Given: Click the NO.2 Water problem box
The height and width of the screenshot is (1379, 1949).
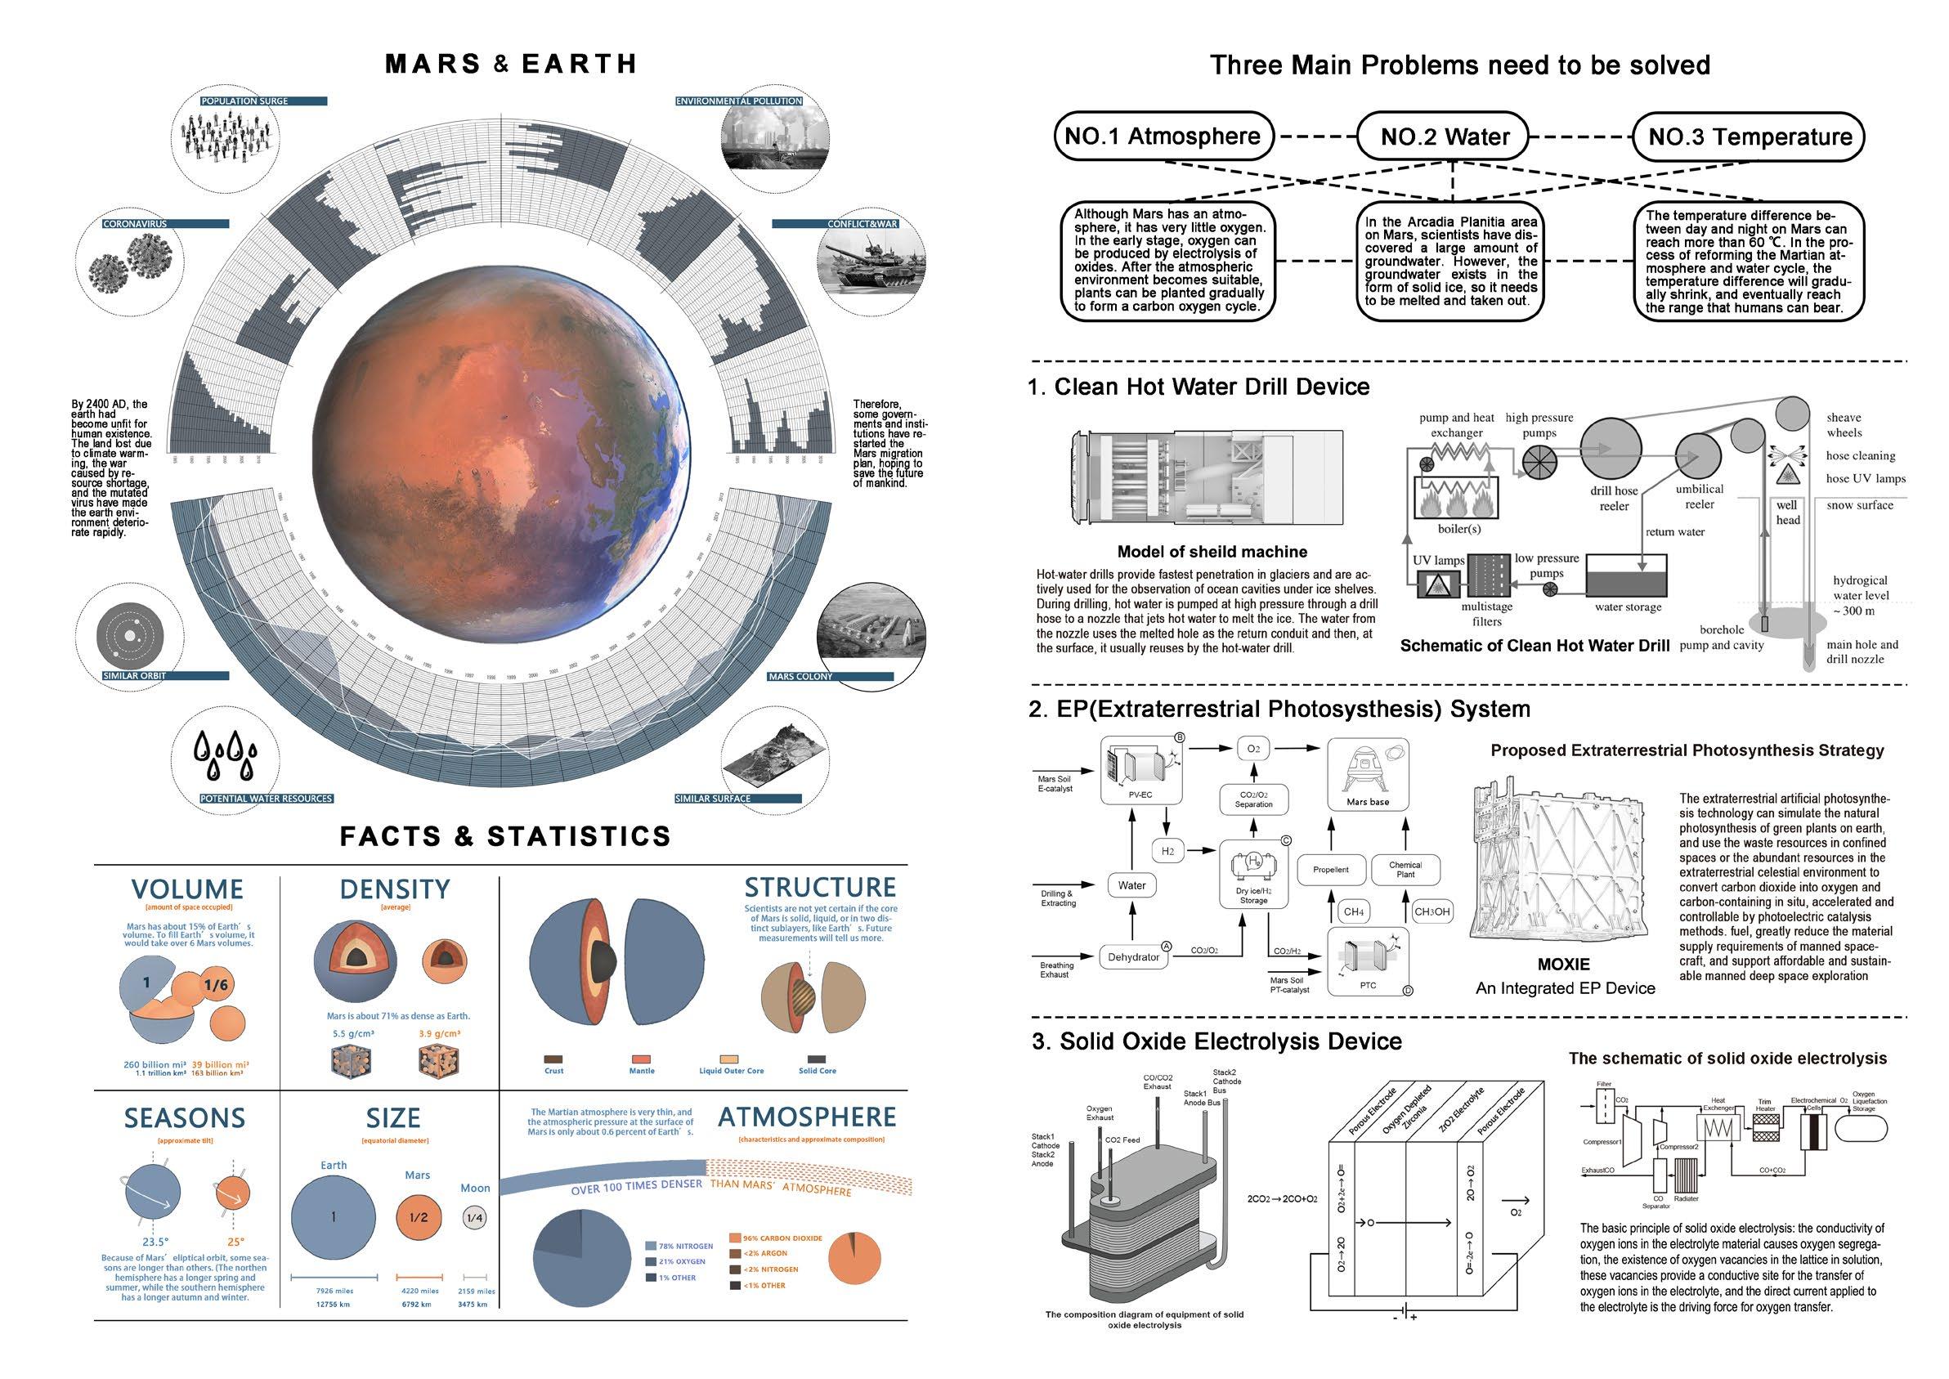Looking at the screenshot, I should [1445, 137].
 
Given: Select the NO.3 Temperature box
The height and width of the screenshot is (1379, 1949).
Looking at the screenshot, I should [1750, 137].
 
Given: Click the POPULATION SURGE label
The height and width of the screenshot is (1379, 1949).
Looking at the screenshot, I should [244, 101].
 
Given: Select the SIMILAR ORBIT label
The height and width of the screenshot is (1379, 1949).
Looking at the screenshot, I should [135, 676].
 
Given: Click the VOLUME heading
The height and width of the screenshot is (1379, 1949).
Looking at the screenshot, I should [188, 889].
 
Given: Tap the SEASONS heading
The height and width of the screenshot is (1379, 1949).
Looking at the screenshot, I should [185, 1118].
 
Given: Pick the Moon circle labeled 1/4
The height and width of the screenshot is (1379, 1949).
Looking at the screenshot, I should [475, 1218].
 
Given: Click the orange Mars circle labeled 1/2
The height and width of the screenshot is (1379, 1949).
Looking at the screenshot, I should [419, 1217].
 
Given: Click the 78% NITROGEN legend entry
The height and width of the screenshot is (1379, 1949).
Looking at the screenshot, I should [685, 1246].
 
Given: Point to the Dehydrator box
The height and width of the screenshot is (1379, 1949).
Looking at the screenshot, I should [1133, 957].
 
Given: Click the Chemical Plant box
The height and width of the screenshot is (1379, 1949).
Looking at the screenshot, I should [1405, 869].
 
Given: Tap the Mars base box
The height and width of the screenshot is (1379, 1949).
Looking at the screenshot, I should [1367, 773].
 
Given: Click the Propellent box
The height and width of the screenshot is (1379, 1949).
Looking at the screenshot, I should [1331, 870].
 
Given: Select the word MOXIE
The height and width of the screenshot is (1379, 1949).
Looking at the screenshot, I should [1563, 965].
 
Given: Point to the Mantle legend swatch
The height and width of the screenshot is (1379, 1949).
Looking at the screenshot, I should [641, 1059].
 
